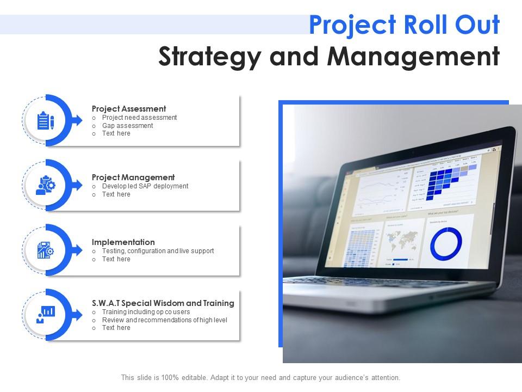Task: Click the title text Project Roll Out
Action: point(404,25)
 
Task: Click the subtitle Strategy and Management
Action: point(328,57)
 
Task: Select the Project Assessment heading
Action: point(129,109)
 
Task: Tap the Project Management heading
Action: point(133,177)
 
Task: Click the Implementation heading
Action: point(123,242)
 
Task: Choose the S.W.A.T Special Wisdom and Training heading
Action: point(163,303)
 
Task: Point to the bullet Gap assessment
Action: point(128,126)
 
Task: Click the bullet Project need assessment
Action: point(140,118)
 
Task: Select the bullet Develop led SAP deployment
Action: point(145,186)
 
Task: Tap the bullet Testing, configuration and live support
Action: point(158,251)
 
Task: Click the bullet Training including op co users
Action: point(146,312)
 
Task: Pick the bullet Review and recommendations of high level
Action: point(165,320)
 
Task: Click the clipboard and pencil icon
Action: point(46,120)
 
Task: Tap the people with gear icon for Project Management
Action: point(46,185)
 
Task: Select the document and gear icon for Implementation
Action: point(46,250)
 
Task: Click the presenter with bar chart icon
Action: point(46,315)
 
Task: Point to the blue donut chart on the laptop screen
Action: point(446,244)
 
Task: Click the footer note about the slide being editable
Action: point(260,377)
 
